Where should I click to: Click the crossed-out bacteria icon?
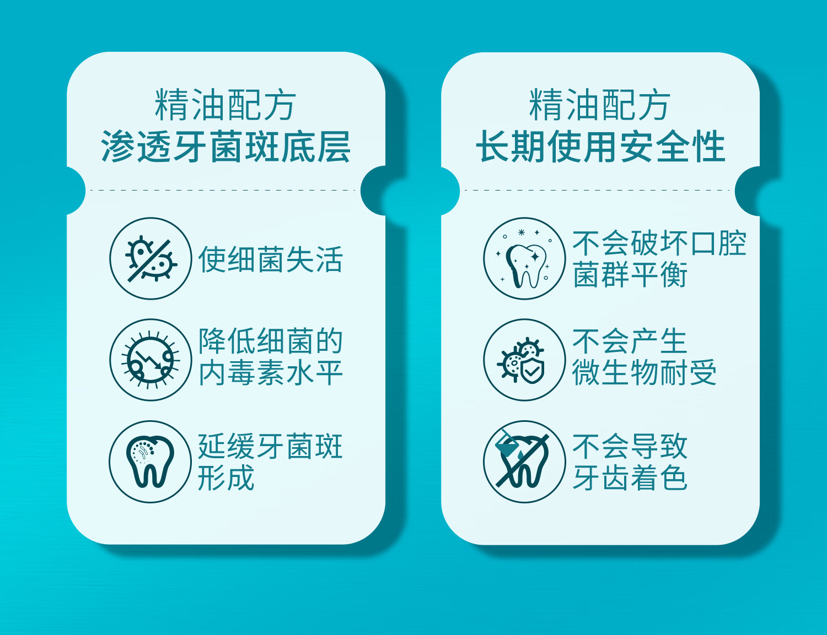(151, 258)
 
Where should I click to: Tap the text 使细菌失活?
(271, 259)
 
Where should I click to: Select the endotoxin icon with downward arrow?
(151, 360)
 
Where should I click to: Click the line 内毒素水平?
(271, 373)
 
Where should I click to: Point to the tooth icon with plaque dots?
(150, 462)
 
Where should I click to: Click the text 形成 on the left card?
(226, 477)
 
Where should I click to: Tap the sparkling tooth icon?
(524, 258)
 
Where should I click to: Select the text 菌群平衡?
(630, 274)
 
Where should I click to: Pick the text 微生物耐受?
(645, 373)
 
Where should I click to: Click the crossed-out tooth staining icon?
(524, 462)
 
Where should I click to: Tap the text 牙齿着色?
(630, 477)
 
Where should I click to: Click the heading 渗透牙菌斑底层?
(226, 146)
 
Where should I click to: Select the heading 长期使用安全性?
(600, 146)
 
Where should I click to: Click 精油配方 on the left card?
(225, 104)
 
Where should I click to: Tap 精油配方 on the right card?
(600, 104)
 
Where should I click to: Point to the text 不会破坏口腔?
(659, 243)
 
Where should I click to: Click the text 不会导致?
(630, 446)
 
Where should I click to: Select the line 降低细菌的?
(271, 341)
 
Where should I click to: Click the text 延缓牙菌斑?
(271, 446)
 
